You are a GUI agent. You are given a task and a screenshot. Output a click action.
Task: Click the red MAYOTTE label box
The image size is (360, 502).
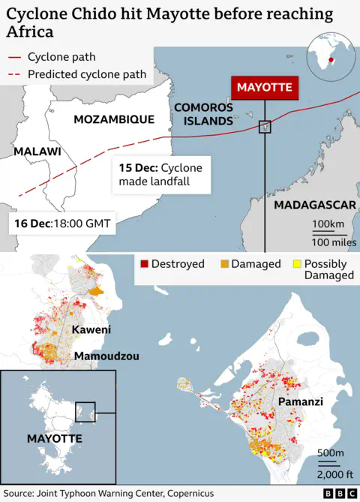click(x=264, y=88)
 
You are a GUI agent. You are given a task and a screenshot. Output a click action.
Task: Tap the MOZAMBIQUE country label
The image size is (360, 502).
click(x=114, y=119)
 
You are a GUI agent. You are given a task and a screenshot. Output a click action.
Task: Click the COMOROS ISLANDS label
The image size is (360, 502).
click(x=204, y=114)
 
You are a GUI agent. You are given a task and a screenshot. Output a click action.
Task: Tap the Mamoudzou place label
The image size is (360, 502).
click(x=106, y=356)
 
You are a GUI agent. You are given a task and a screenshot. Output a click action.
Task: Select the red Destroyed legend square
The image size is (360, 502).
click(x=144, y=264)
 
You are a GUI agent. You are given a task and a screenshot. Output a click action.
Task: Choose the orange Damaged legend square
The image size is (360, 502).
click(x=223, y=264)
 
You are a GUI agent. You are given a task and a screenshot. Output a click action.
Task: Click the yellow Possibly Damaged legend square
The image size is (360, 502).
click(x=296, y=264)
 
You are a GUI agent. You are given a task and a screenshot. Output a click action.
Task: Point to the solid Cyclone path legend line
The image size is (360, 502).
click(x=13, y=57)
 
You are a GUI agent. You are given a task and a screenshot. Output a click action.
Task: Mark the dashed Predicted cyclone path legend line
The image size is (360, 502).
click(x=13, y=74)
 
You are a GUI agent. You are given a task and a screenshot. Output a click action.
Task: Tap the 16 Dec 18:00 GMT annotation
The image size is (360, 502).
click(x=62, y=223)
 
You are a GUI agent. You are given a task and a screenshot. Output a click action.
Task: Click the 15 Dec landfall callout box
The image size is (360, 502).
click(x=161, y=174)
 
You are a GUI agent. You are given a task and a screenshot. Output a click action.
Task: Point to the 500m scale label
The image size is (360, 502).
click(x=330, y=452)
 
